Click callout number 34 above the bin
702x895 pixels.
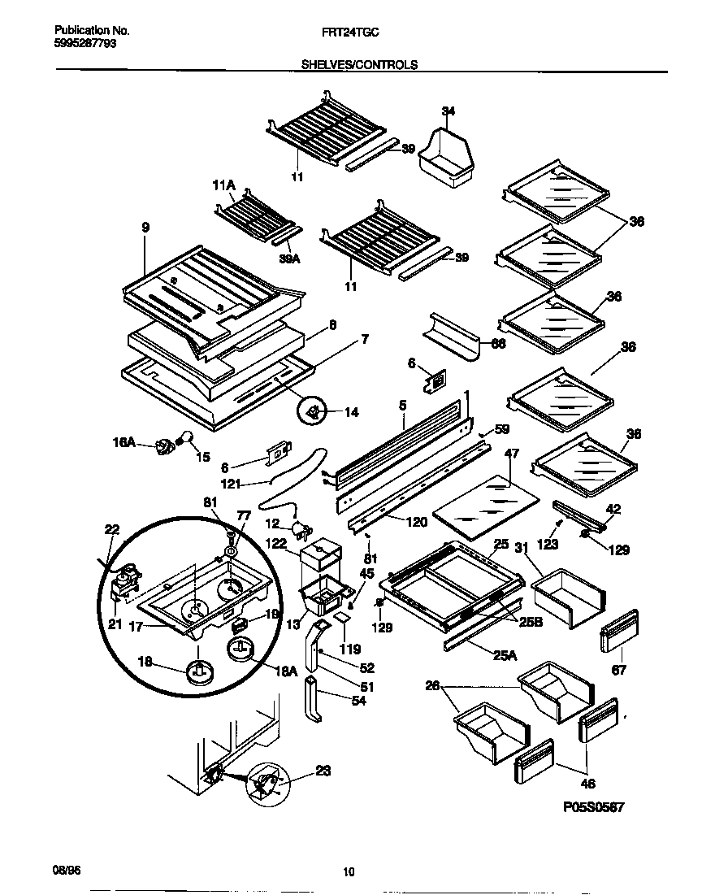(x=448, y=111)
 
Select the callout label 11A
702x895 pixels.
(x=223, y=187)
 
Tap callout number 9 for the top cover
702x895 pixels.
(x=145, y=229)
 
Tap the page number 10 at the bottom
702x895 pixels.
(x=349, y=872)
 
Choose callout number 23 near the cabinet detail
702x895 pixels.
(x=323, y=773)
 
